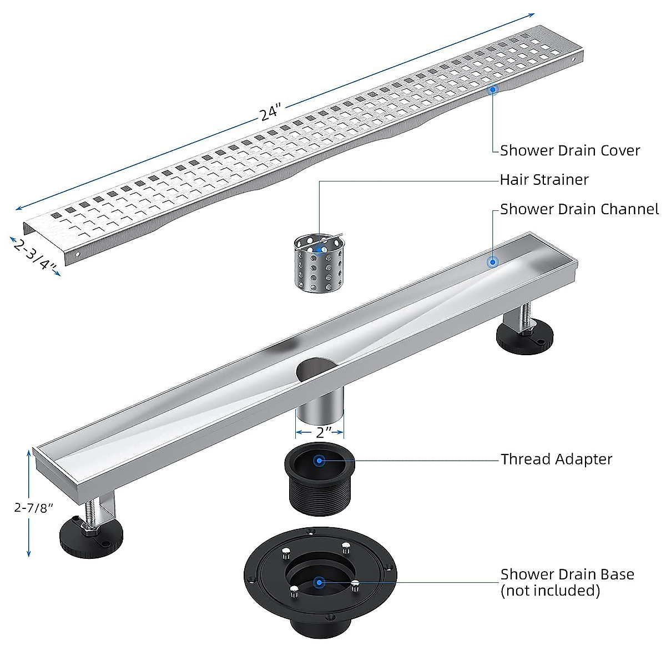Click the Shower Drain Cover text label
click(x=570, y=150)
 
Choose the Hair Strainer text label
click(x=544, y=180)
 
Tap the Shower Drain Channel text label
click(x=579, y=209)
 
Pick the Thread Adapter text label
click(x=557, y=460)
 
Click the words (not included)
click(x=550, y=591)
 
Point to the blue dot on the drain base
click(x=319, y=582)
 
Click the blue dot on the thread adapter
click(x=319, y=460)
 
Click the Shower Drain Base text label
click(x=567, y=574)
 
